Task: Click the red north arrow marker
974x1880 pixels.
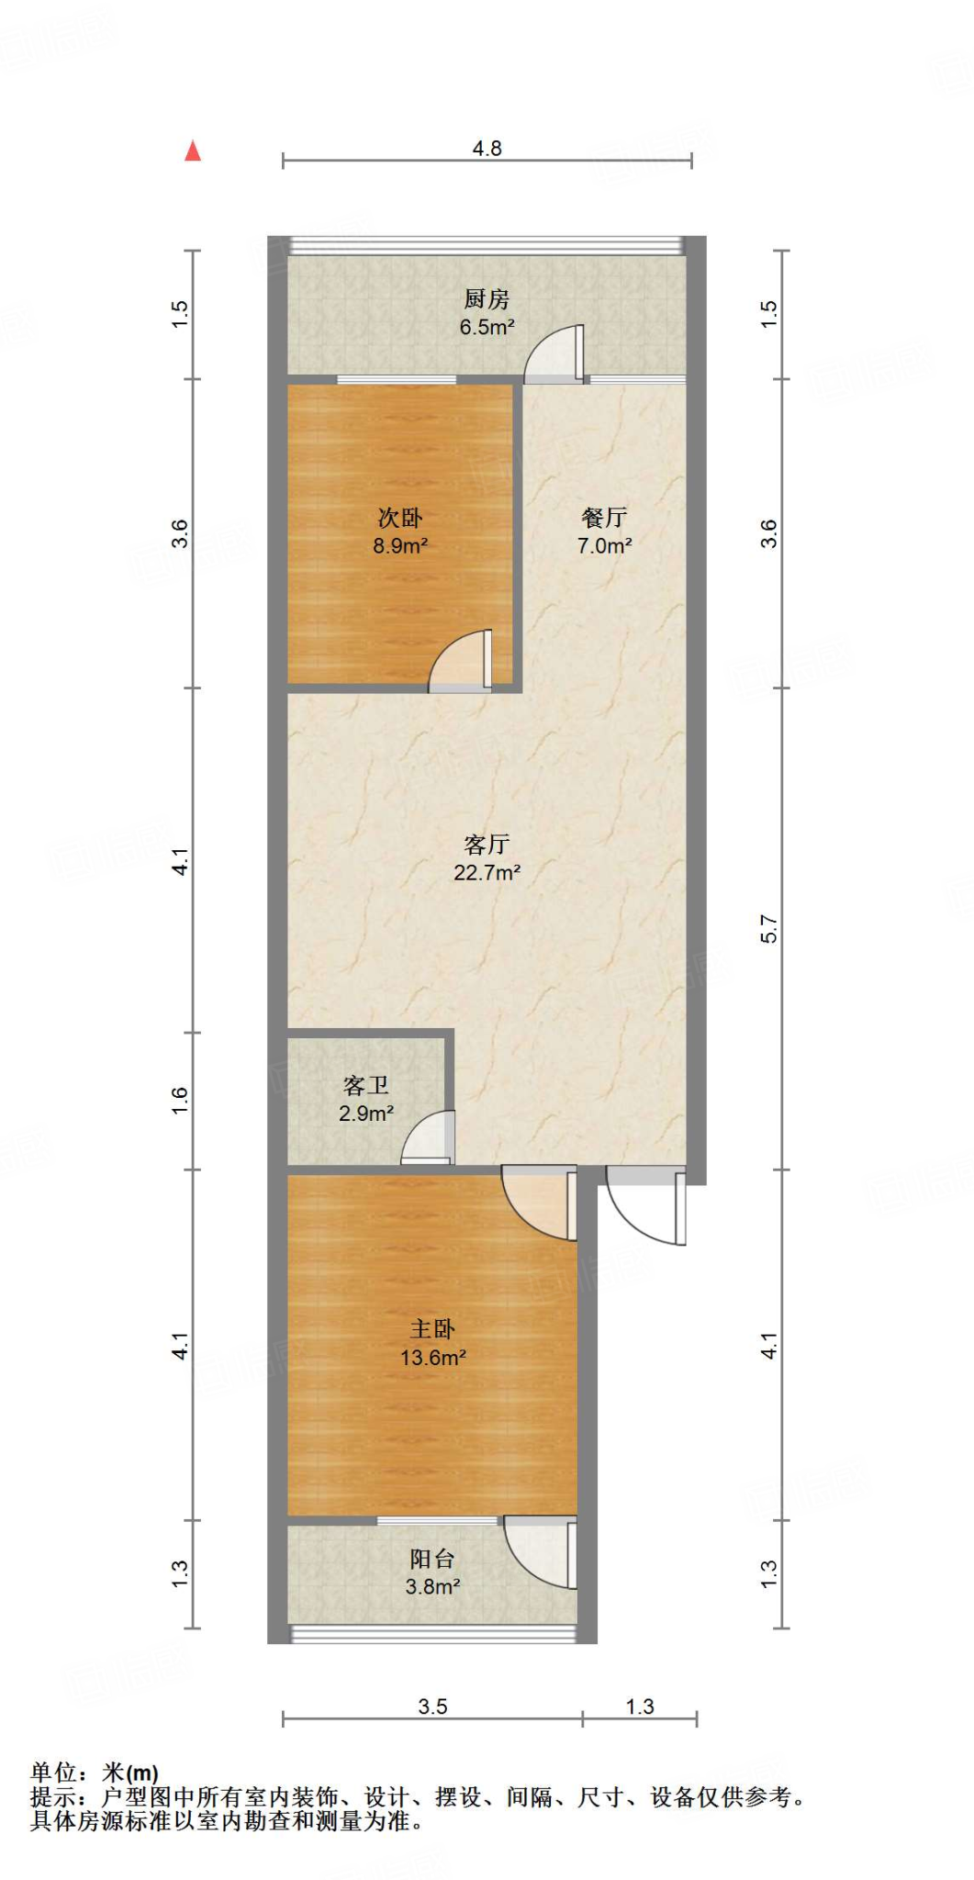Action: (193, 151)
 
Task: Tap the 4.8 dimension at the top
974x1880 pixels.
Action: (487, 149)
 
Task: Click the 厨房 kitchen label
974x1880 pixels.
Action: (487, 299)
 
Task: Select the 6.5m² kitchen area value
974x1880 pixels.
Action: (487, 327)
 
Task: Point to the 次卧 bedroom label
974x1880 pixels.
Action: (400, 518)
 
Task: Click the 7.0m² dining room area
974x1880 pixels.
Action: (604, 546)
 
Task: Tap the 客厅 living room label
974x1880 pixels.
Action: (487, 844)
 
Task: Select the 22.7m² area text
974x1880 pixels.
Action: (487, 872)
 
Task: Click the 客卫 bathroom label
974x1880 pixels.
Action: (365, 1086)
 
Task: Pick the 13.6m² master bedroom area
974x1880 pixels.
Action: (432, 1358)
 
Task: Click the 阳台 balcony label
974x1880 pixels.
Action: (431, 1559)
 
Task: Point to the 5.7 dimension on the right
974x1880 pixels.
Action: (769, 929)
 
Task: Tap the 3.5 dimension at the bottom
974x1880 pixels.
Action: (432, 1707)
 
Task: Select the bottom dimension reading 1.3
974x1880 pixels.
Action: (640, 1707)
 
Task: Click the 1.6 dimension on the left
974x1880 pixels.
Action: (180, 1100)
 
